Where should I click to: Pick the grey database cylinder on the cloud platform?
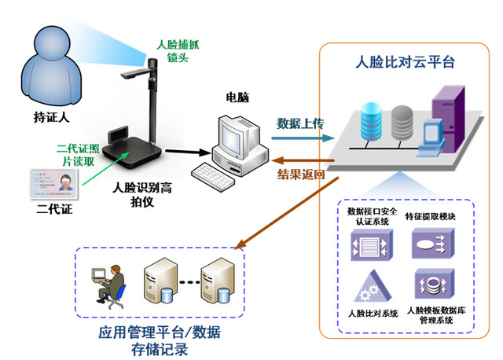401,120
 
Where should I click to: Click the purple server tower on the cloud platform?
444,115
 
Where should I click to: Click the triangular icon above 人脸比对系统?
367,288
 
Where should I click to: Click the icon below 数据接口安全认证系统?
367,245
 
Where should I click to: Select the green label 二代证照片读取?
77,154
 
